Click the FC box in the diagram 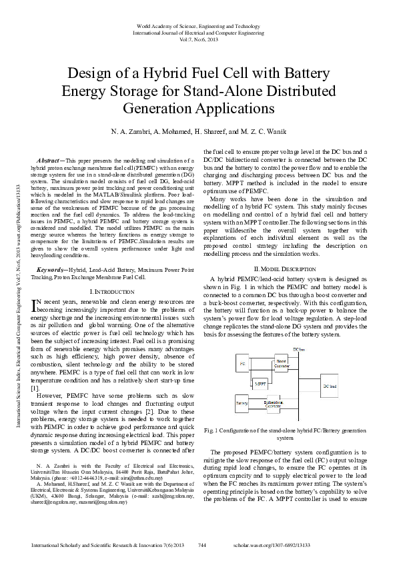click(242, 363)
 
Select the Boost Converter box click(282, 363)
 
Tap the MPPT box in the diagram click(261, 384)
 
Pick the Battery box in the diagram click(242, 404)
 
